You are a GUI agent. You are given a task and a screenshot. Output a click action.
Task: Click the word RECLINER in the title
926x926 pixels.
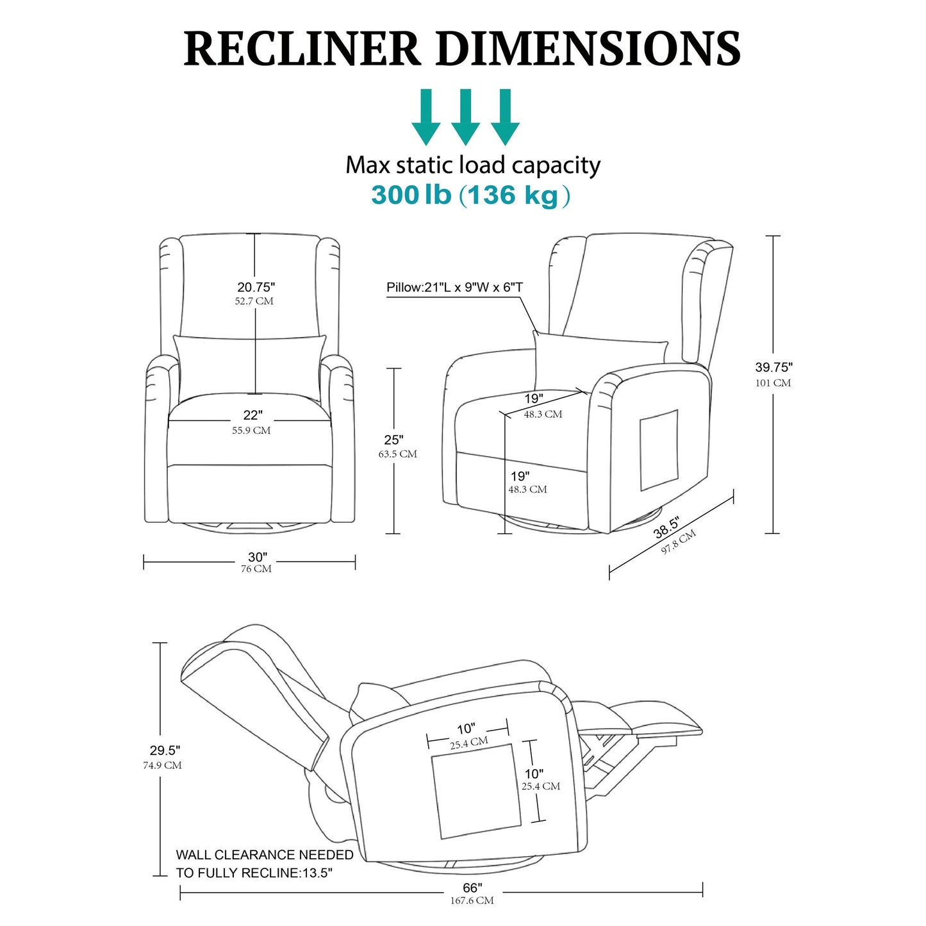coord(301,49)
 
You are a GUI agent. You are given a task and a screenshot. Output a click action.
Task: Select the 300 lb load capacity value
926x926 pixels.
coord(411,195)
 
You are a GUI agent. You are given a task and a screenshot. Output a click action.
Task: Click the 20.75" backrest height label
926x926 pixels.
coord(256,286)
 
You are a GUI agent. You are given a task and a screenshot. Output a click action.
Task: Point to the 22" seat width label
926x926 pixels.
coord(252,416)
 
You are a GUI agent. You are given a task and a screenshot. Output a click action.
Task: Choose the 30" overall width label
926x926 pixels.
coord(257,557)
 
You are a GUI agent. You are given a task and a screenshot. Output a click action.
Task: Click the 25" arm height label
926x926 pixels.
coord(393,440)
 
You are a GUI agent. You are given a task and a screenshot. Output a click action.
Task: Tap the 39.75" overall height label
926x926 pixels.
coord(773,367)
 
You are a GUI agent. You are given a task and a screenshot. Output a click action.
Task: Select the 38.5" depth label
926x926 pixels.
coord(666,527)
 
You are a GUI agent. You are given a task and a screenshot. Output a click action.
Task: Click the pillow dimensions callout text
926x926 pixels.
coord(454,287)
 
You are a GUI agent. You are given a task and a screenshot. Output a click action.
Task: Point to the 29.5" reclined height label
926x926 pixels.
coord(165,750)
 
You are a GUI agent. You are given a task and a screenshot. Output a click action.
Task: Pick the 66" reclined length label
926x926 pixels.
coord(472,888)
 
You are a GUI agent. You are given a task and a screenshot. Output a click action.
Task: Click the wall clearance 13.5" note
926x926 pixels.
coord(264,863)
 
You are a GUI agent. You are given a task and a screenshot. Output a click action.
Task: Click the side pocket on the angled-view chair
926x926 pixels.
coord(659,449)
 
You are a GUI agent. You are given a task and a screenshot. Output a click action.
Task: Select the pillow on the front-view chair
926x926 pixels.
coord(249,367)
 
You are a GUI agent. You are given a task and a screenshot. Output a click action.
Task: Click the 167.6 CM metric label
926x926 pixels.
coord(472,900)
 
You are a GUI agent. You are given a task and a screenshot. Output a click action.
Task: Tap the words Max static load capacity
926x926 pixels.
coord(473,165)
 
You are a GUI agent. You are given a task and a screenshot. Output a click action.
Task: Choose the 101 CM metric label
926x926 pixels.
coord(773,383)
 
